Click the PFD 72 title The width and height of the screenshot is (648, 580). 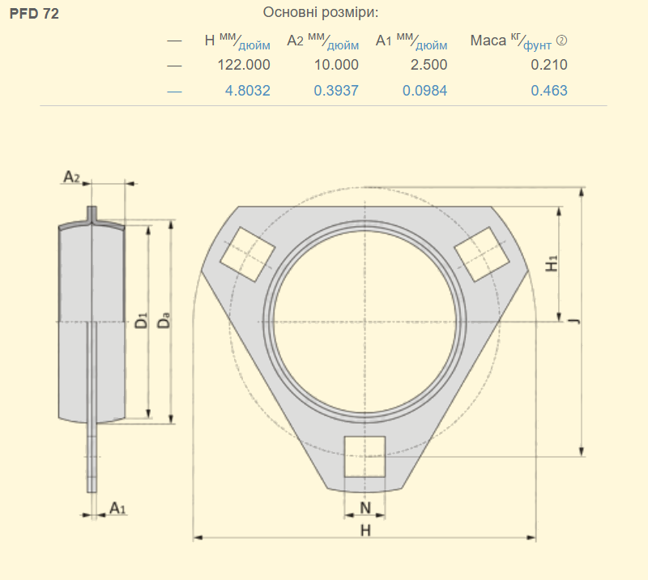34,14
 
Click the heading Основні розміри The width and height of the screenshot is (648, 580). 320,12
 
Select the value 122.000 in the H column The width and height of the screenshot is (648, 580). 244,65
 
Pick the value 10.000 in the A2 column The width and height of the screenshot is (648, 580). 336,65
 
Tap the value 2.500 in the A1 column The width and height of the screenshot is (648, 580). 428,65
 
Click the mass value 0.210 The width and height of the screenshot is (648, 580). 549,65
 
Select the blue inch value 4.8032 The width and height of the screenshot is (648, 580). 248,91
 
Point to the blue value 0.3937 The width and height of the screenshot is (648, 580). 336,91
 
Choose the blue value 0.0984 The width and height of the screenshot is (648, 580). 424,91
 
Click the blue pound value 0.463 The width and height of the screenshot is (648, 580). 549,91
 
